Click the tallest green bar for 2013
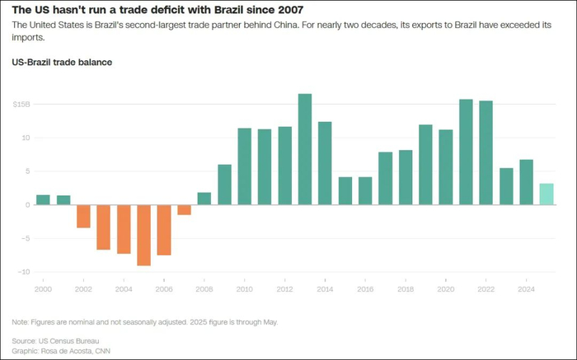coord(305,149)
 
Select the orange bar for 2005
coord(143,235)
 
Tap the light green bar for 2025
coord(547,194)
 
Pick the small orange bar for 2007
coord(184,209)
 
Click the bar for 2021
coord(466,152)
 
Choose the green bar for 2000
coord(43,199)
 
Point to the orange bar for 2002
coord(83,216)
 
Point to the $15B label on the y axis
coord(21,105)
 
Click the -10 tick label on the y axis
coord(25,272)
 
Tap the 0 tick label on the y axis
coord(27,204)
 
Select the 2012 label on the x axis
coord(284,289)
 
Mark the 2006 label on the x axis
coord(163,289)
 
